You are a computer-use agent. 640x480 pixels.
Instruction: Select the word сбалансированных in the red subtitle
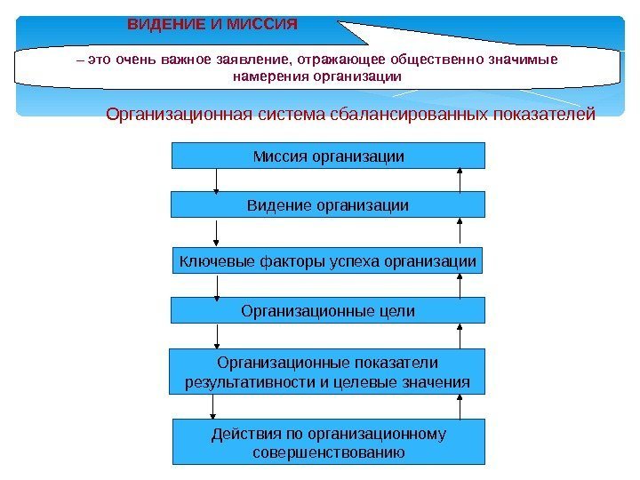[x=396, y=114]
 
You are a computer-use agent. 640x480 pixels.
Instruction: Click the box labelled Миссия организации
[x=328, y=156]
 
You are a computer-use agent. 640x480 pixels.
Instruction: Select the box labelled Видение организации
[x=328, y=205]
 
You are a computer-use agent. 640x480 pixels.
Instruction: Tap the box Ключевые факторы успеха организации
[x=328, y=261]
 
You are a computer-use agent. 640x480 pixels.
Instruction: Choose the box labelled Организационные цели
[x=328, y=310]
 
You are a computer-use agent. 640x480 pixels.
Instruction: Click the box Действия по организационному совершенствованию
[x=328, y=443]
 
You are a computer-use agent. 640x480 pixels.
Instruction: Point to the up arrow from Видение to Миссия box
[x=460, y=180]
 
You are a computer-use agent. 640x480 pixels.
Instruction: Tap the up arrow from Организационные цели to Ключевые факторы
[x=460, y=285]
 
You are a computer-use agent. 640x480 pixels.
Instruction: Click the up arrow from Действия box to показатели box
[x=460, y=407]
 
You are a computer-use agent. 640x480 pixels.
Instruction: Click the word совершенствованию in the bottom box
[x=328, y=452]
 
